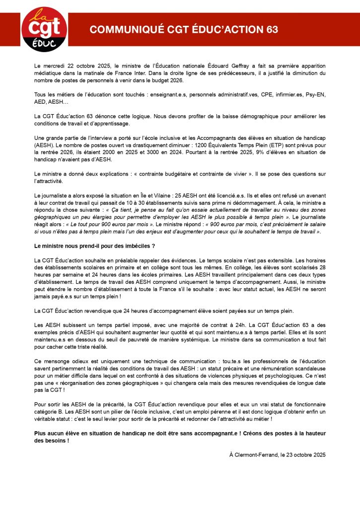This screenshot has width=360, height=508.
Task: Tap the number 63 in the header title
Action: coord(271,30)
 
